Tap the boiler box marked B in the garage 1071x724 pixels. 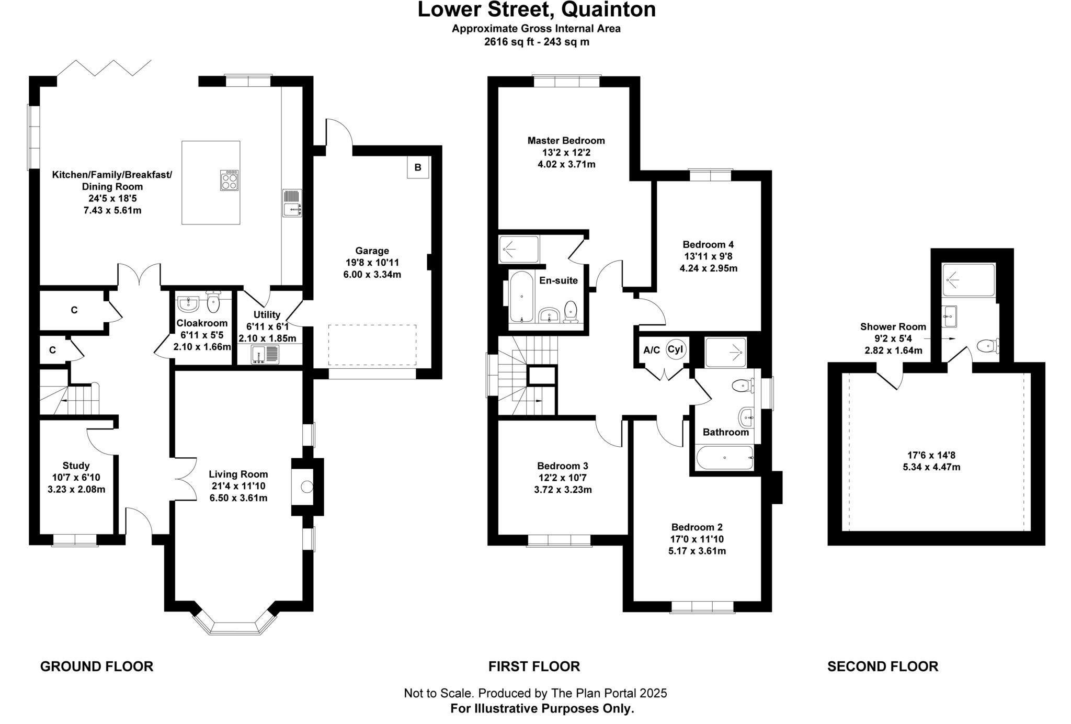(418, 167)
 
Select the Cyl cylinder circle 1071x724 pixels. (676, 349)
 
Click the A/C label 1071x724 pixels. (652, 350)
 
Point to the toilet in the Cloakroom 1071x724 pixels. (213, 302)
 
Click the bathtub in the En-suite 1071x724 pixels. (521, 297)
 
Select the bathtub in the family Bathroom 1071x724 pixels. (724, 458)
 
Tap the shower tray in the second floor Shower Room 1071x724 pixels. (968, 280)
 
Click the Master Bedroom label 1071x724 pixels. (566, 140)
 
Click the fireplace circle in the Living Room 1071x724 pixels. (306, 487)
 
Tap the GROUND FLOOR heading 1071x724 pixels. (97, 666)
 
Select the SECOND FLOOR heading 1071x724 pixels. (883, 666)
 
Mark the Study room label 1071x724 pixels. (76, 465)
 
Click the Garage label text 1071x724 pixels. (372, 251)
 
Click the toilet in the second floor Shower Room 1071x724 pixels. (987, 345)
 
